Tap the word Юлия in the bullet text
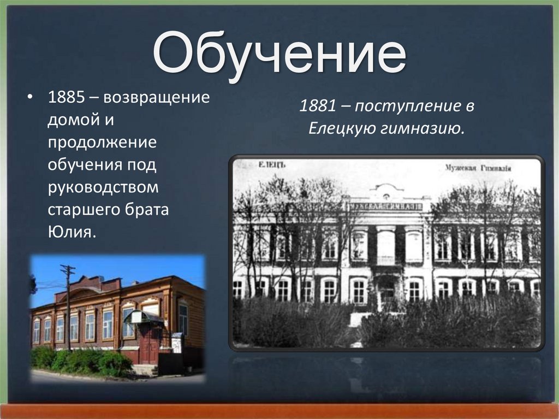point(72,233)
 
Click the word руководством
point(103,187)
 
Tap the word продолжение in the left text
point(102,142)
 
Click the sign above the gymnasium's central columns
point(386,206)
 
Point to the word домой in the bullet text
point(68,120)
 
